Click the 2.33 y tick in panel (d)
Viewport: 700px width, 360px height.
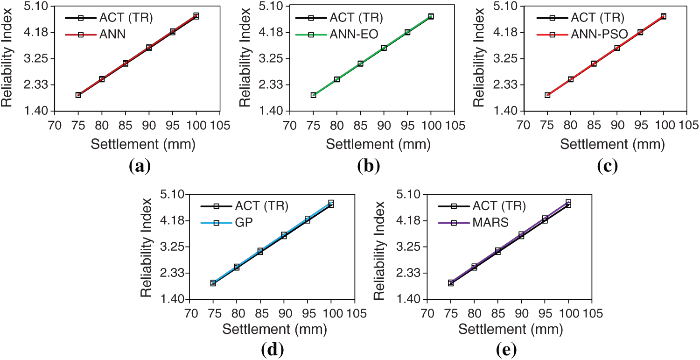171,273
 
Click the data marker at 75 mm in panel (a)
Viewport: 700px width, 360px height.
78,95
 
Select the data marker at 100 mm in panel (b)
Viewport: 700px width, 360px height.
431,16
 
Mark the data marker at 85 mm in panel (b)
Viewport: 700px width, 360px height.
360,64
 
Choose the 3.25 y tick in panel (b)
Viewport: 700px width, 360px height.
271,59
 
